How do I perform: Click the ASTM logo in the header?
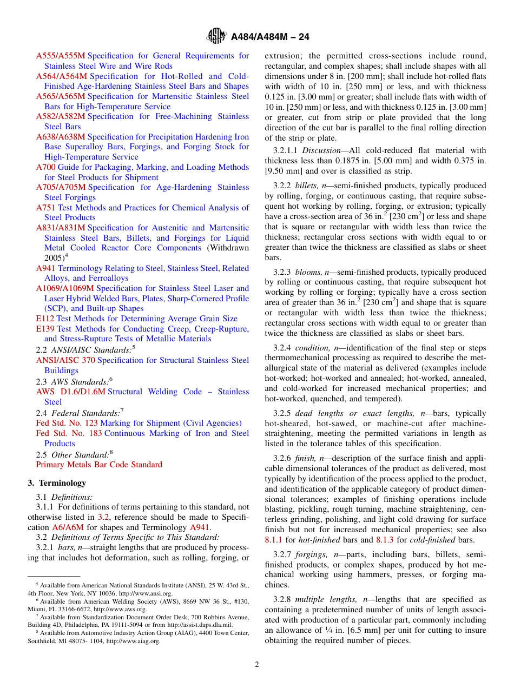pyautogui.click(x=216, y=37)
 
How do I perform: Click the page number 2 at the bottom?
pyautogui.click(x=257, y=665)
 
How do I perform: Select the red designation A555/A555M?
pyautogui.click(x=61, y=56)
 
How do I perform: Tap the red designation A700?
pyautogui.click(x=45, y=167)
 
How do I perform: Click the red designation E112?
pyautogui.click(x=45, y=319)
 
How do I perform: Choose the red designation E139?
pyautogui.click(x=45, y=329)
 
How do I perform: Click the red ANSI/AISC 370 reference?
pyautogui.click(x=65, y=360)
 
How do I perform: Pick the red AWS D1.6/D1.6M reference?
pyautogui.click(x=70, y=392)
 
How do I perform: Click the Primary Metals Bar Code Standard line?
pyautogui.click(x=99, y=465)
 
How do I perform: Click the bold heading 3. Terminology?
pyautogui.click(x=57, y=483)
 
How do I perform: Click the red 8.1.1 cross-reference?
pyautogui.click(x=273, y=540)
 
